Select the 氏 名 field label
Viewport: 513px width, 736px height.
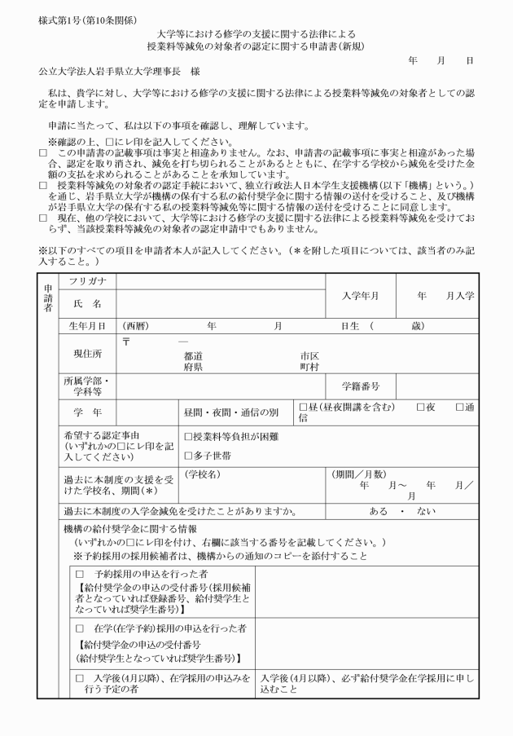[85, 304]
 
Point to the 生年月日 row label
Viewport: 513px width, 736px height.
[85, 327]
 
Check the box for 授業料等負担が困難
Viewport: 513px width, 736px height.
[188, 437]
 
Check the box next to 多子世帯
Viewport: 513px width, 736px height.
[188, 455]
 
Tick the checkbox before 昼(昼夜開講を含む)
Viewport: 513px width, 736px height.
[304, 408]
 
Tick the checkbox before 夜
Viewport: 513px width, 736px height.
[420, 408]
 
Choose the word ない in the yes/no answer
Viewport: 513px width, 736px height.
[425, 511]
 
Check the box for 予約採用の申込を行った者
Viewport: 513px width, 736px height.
[80, 574]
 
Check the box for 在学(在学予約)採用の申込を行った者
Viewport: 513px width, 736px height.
[80, 628]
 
